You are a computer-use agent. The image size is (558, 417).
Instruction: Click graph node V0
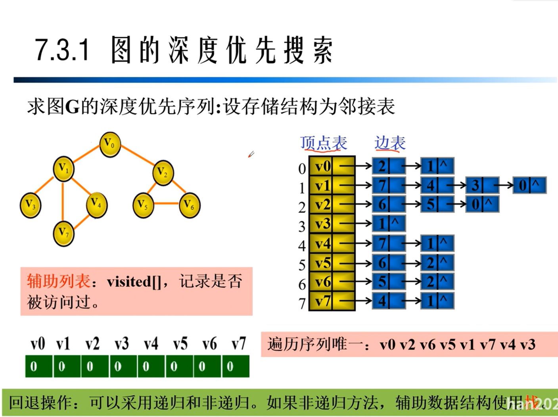click(110, 144)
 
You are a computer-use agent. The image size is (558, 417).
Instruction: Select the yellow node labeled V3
click(31, 205)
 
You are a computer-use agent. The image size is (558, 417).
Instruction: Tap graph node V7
click(63, 233)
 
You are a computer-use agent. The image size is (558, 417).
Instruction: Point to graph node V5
click(143, 205)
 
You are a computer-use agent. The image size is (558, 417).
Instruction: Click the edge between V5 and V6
click(166, 203)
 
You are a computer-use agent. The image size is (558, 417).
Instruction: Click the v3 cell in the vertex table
click(322, 224)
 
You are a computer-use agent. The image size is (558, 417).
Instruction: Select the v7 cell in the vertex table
click(322, 301)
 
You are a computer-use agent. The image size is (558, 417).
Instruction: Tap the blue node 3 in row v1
click(481, 185)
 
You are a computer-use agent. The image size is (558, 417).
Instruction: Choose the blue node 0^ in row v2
click(481, 204)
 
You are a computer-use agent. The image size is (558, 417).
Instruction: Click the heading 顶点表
click(323, 143)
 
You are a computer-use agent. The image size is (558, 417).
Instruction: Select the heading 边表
click(390, 143)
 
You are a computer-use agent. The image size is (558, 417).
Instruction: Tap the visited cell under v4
click(151, 366)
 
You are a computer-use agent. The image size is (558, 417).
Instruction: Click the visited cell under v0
click(38, 366)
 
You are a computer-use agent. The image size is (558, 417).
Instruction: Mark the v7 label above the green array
click(239, 344)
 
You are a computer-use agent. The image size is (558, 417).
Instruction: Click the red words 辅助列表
click(58, 281)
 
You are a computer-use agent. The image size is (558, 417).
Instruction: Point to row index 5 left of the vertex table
click(302, 265)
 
